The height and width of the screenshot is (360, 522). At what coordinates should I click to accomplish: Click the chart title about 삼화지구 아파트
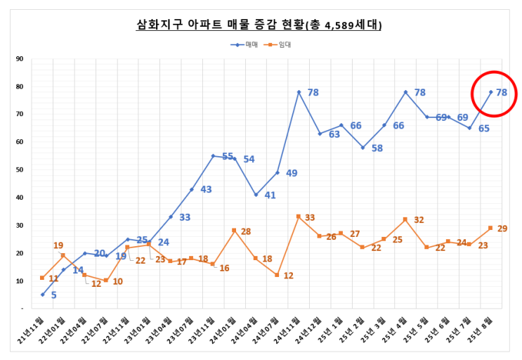(260, 25)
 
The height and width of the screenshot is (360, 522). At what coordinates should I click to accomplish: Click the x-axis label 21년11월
(32, 330)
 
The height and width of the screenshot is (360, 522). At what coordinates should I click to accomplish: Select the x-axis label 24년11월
(288, 330)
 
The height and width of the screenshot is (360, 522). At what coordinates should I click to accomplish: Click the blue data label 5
(53, 295)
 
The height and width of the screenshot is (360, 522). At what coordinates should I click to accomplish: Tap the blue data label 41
(270, 195)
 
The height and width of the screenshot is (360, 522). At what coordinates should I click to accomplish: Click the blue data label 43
(206, 189)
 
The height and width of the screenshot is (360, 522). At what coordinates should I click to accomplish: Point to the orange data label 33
(310, 217)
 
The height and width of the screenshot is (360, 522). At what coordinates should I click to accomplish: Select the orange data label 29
(502, 229)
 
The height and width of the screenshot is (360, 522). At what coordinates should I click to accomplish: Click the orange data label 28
(246, 231)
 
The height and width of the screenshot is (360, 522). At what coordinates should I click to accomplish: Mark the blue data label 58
(377, 148)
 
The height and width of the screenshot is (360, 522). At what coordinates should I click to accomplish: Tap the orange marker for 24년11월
(299, 217)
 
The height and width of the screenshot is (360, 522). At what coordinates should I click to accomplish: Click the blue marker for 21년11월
(42, 295)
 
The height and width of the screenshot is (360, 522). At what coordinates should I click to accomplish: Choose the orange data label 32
(419, 220)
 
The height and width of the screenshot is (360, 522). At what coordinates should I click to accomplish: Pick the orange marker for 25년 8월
(491, 228)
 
